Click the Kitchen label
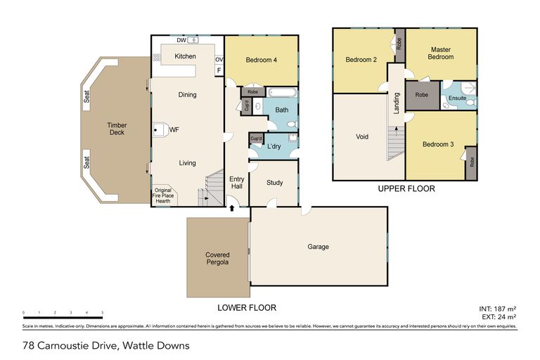point(185,56)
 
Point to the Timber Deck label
point(117,129)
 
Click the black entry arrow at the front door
point(232,207)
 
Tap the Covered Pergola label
point(218,259)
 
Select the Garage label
point(318,247)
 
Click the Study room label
point(274,183)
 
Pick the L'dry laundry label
point(275,146)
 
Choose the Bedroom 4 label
point(262,60)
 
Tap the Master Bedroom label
point(442,53)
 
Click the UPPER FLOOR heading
point(406,188)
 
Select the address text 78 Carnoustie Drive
point(105,345)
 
